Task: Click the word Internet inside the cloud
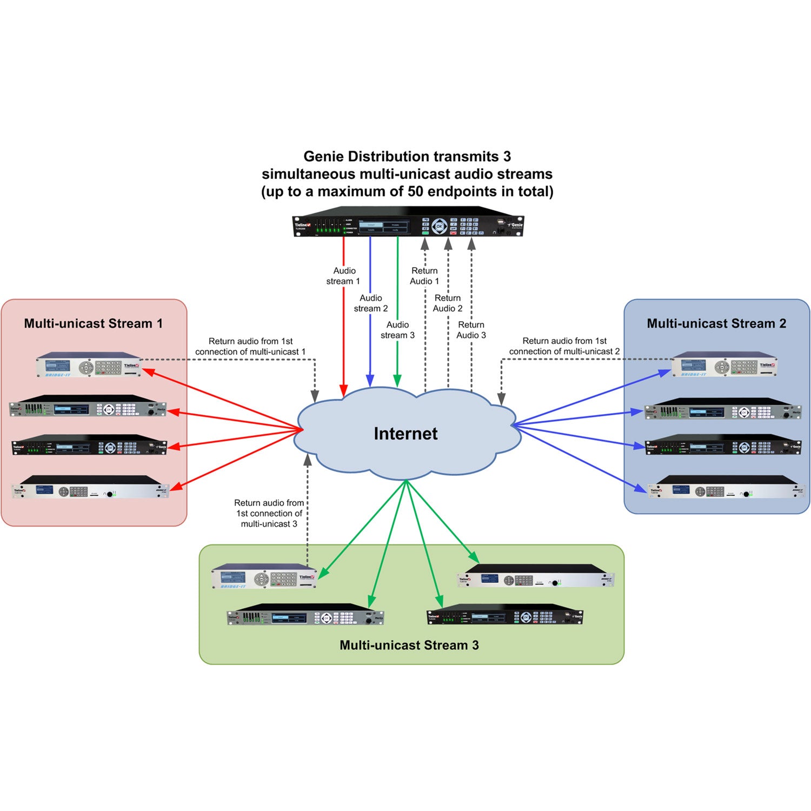(405, 434)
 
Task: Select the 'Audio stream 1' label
(343, 276)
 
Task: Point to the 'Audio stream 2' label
(371, 303)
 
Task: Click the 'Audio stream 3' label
(397, 330)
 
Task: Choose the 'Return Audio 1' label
(424, 276)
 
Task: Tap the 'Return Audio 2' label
(448, 303)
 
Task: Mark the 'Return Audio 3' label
(471, 330)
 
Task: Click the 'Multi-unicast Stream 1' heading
(93, 323)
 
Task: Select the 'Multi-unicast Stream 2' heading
(716, 323)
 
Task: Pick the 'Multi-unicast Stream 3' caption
(409, 645)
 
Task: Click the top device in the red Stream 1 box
(89, 365)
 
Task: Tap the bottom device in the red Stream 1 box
(90, 488)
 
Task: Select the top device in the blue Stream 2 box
(724, 365)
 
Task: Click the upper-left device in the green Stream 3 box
(264, 576)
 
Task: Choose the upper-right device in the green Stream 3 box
(536, 576)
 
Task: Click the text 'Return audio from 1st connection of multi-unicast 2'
(564, 346)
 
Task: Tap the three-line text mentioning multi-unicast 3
(269, 513)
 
